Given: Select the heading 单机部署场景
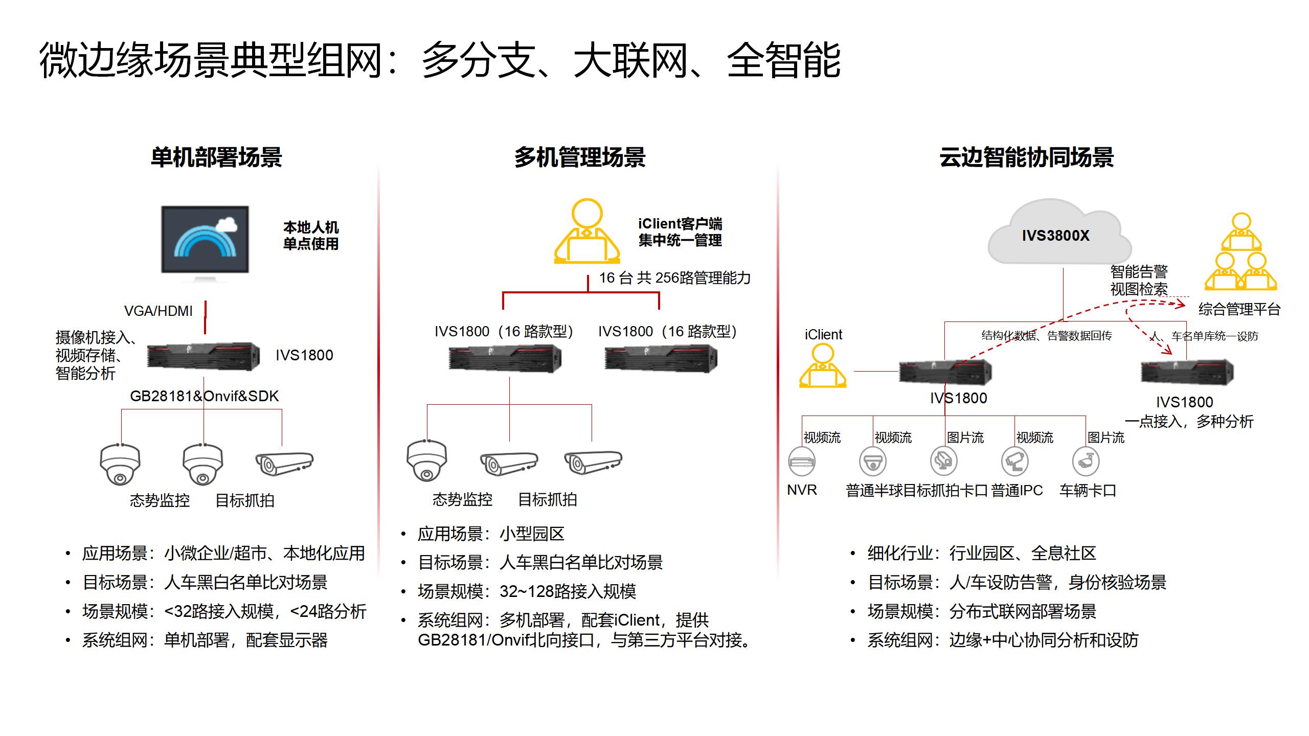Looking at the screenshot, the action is [216, 157].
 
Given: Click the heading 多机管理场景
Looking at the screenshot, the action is [580, 157].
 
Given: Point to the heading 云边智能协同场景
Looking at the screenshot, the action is [1027, 157].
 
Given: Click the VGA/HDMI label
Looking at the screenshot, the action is [159, 311].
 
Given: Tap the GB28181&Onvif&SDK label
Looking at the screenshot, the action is [205, 396].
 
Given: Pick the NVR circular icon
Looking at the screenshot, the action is [802, 461].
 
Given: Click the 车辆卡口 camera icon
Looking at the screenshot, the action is [1086, 461].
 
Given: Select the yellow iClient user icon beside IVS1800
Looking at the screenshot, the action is [823, 365].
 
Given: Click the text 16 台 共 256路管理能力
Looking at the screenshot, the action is [675, 278].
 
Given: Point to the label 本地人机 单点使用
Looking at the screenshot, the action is [311, 236].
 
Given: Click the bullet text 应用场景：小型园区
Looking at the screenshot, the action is [491, 534].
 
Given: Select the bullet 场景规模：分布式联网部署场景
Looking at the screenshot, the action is [982, 611].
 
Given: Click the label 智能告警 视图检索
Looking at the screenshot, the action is [1139, 280].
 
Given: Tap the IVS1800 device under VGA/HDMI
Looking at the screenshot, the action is [204, 356].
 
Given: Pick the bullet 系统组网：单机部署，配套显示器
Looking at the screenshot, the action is [205, 640].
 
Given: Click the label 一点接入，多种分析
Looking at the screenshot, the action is [1189, 422].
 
